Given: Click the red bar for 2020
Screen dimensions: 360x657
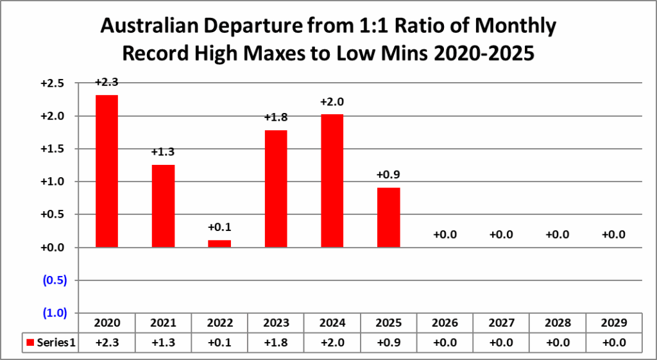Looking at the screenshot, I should [x=107, y=171].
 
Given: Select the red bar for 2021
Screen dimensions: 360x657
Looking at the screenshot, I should [x=163, y=205].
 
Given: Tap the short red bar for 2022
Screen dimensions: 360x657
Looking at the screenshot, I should [x=219, y=243].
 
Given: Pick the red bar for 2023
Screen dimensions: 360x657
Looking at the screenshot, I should [x=276, y=189].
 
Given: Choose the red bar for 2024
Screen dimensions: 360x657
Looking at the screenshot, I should [x=332, y=180].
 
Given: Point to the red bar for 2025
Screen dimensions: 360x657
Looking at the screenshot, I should [x=389, y=217].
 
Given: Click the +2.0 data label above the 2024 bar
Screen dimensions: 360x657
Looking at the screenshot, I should [x=332, y=101].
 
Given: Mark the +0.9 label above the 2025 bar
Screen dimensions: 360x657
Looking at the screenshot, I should [x=389, y=175].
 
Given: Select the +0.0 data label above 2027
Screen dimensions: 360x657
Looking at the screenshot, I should [x=501, y=235].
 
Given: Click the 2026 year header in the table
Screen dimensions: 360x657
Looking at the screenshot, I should [x=445, y=323].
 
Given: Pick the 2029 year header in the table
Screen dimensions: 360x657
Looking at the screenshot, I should [x=614, y=323].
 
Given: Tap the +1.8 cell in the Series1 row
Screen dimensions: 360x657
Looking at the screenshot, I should [x=276, y=343].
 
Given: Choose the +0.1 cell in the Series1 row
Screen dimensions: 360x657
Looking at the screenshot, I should [x=219, y=343].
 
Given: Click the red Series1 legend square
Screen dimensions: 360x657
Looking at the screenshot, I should [x=30, y=343].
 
